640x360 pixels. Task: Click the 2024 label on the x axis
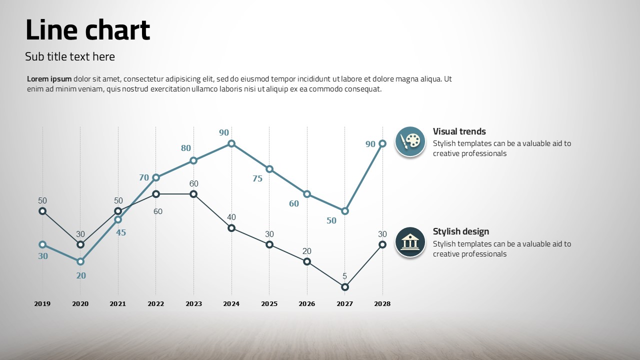pos(231,303)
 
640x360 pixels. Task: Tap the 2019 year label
pos(42,303)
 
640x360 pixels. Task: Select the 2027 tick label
pos(344,303)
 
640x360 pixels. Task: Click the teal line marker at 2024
pos(231,143)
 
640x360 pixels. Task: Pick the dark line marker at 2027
pos(344,287)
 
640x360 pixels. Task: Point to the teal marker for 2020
pos(80,261)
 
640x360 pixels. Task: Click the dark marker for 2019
pos(42,211)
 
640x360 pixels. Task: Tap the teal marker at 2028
pos(382,143)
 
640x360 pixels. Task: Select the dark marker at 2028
pos(382,244)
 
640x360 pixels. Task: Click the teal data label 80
pos(186,148)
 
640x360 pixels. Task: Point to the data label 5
pos(344,276)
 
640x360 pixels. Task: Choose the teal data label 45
pos(121,232)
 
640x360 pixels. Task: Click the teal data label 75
pos(257,178)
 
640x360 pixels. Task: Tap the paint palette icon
pos(410,141)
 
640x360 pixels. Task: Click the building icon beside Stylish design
pos(410,242)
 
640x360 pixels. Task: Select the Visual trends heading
pos(459,131)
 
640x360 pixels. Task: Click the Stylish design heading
pos(460,231)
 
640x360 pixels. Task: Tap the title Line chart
pos(87,30)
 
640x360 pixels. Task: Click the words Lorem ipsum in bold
pos(49,79)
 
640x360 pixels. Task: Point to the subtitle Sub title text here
pos(70,56)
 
